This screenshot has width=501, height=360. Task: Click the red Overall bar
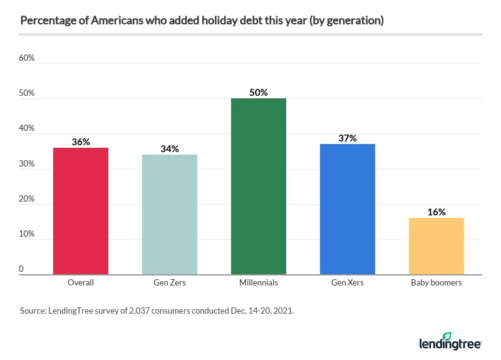tap(81, 211)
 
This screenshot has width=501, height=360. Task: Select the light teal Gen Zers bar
tap(170, 214)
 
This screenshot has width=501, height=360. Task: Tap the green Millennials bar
tap(259, 186)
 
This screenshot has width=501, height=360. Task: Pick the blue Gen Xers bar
tap(348, 209)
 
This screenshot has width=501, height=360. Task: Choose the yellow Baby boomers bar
tap(436, 246)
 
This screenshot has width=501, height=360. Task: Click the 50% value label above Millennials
tap(259, 92)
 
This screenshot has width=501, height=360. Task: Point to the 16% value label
tap(436, 212)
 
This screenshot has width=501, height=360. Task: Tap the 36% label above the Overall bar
tap(81, 142)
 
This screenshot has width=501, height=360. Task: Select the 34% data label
tap(170, 149)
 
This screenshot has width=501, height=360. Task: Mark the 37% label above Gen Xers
tap(348, 138)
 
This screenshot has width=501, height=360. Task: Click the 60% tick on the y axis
tap(26, 58)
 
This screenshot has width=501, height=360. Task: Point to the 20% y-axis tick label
tap(26, 198)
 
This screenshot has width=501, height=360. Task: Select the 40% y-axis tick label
tap(26, 128)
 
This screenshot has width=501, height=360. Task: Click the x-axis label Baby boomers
tap(436, 283)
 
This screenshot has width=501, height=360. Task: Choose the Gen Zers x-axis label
tap(170, 283)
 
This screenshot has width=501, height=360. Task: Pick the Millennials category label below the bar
tap(259, 283)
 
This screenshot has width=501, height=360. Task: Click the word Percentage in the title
tap(44, 21)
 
